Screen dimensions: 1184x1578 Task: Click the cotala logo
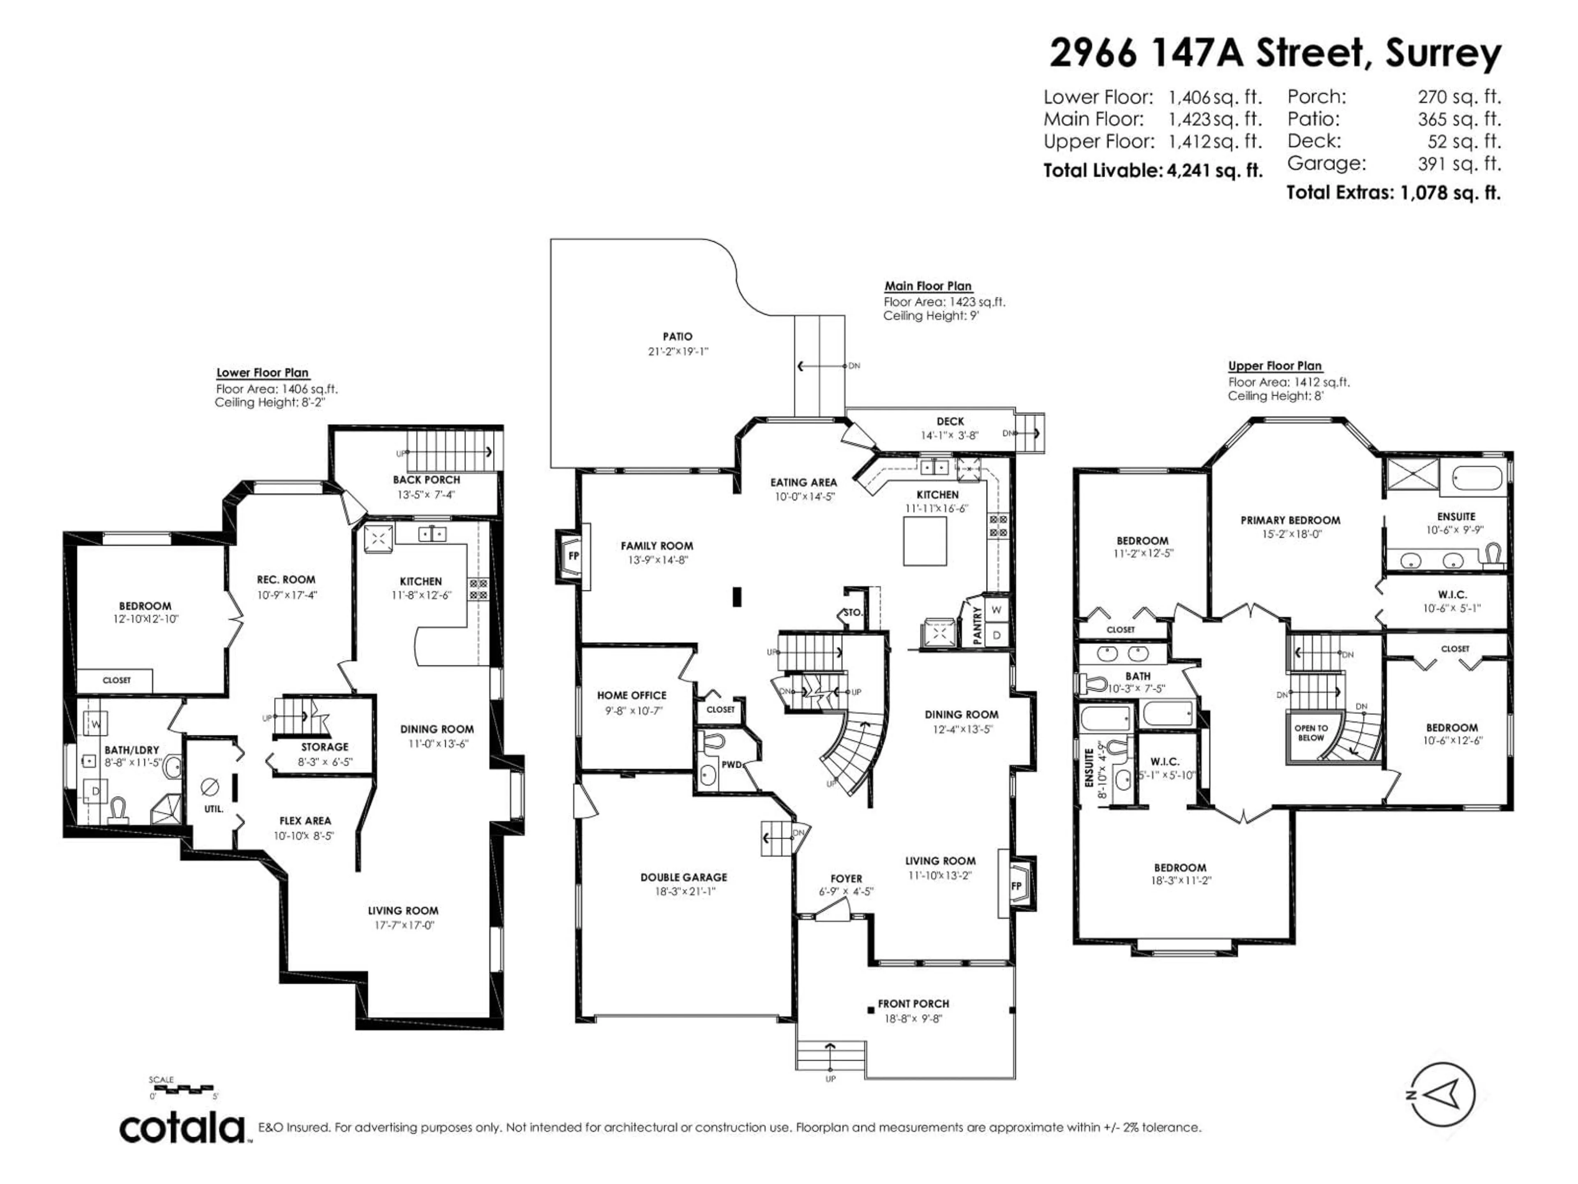point(182,1128)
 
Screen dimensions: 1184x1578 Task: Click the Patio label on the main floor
point(677,336)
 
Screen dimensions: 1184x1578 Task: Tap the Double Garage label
point(683,877)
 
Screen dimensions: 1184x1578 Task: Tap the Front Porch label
point(913,1004)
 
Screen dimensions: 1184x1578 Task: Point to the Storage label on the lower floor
point(325,747)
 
